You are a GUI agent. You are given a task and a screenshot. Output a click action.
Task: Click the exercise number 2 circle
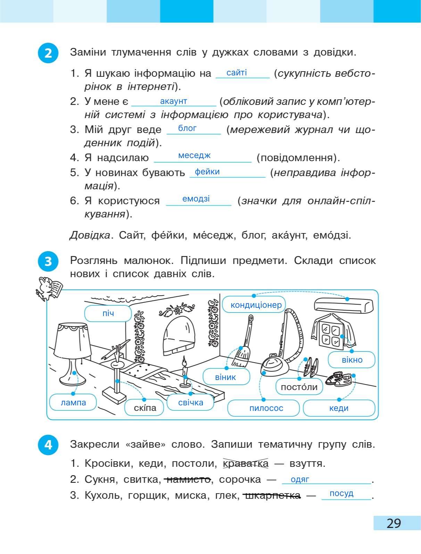click(x=48, y=53)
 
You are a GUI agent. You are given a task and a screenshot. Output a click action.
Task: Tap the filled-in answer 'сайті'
click(x=236, y=73)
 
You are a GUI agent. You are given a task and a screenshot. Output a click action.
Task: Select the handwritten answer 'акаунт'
click(x=173, y=101)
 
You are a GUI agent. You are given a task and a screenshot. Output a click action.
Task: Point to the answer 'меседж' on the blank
click(x=194, y=155)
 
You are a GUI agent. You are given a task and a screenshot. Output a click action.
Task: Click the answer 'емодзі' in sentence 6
click(x=196, y=199)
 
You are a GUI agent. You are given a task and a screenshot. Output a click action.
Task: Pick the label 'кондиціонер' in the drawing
click(x=256, y=305)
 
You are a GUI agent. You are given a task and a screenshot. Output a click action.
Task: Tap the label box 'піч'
click(x=108, y=314)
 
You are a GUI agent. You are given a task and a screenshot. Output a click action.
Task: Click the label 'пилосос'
click(x=266, y=408)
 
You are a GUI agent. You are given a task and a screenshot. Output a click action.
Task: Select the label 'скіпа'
click(x=145, y=408)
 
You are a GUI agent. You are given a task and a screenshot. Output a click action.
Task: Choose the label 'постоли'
click(x=299, y=387)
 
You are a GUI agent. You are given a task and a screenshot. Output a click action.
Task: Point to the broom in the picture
click(x=243, y=344)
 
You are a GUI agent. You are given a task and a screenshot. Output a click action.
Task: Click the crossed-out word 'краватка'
click(x=246, y=463)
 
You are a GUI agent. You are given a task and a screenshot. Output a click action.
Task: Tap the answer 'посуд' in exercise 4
click(x=341, y=494)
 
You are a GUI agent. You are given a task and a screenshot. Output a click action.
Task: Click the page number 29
click(x=394, y=523)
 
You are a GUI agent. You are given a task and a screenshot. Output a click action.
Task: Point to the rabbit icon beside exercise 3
click(x=49, y=288)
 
